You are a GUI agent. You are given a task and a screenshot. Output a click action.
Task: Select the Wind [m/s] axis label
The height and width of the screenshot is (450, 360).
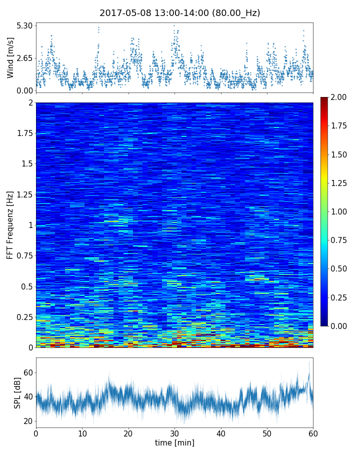(x=10, y=58)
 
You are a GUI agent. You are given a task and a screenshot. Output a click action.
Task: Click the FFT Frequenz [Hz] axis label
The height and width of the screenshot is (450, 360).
(x=10, y=225)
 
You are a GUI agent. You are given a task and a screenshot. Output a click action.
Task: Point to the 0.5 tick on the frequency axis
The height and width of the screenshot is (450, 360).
(x=27, y=286)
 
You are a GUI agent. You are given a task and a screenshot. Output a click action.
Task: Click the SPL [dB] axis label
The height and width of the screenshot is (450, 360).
(x=18, y=392)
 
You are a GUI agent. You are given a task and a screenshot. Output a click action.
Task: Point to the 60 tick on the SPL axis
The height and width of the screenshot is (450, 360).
(x=28, y=372)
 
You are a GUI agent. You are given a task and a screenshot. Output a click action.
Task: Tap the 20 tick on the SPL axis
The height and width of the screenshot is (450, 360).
(x=28, y=421)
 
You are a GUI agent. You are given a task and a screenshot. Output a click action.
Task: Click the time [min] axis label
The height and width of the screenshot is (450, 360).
(x=174, y=442)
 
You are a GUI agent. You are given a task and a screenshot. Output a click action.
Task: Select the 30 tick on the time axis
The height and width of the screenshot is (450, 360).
(x=174, y=432)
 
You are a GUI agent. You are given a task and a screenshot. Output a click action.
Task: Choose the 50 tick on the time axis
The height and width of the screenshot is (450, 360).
(x=267, y=432)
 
